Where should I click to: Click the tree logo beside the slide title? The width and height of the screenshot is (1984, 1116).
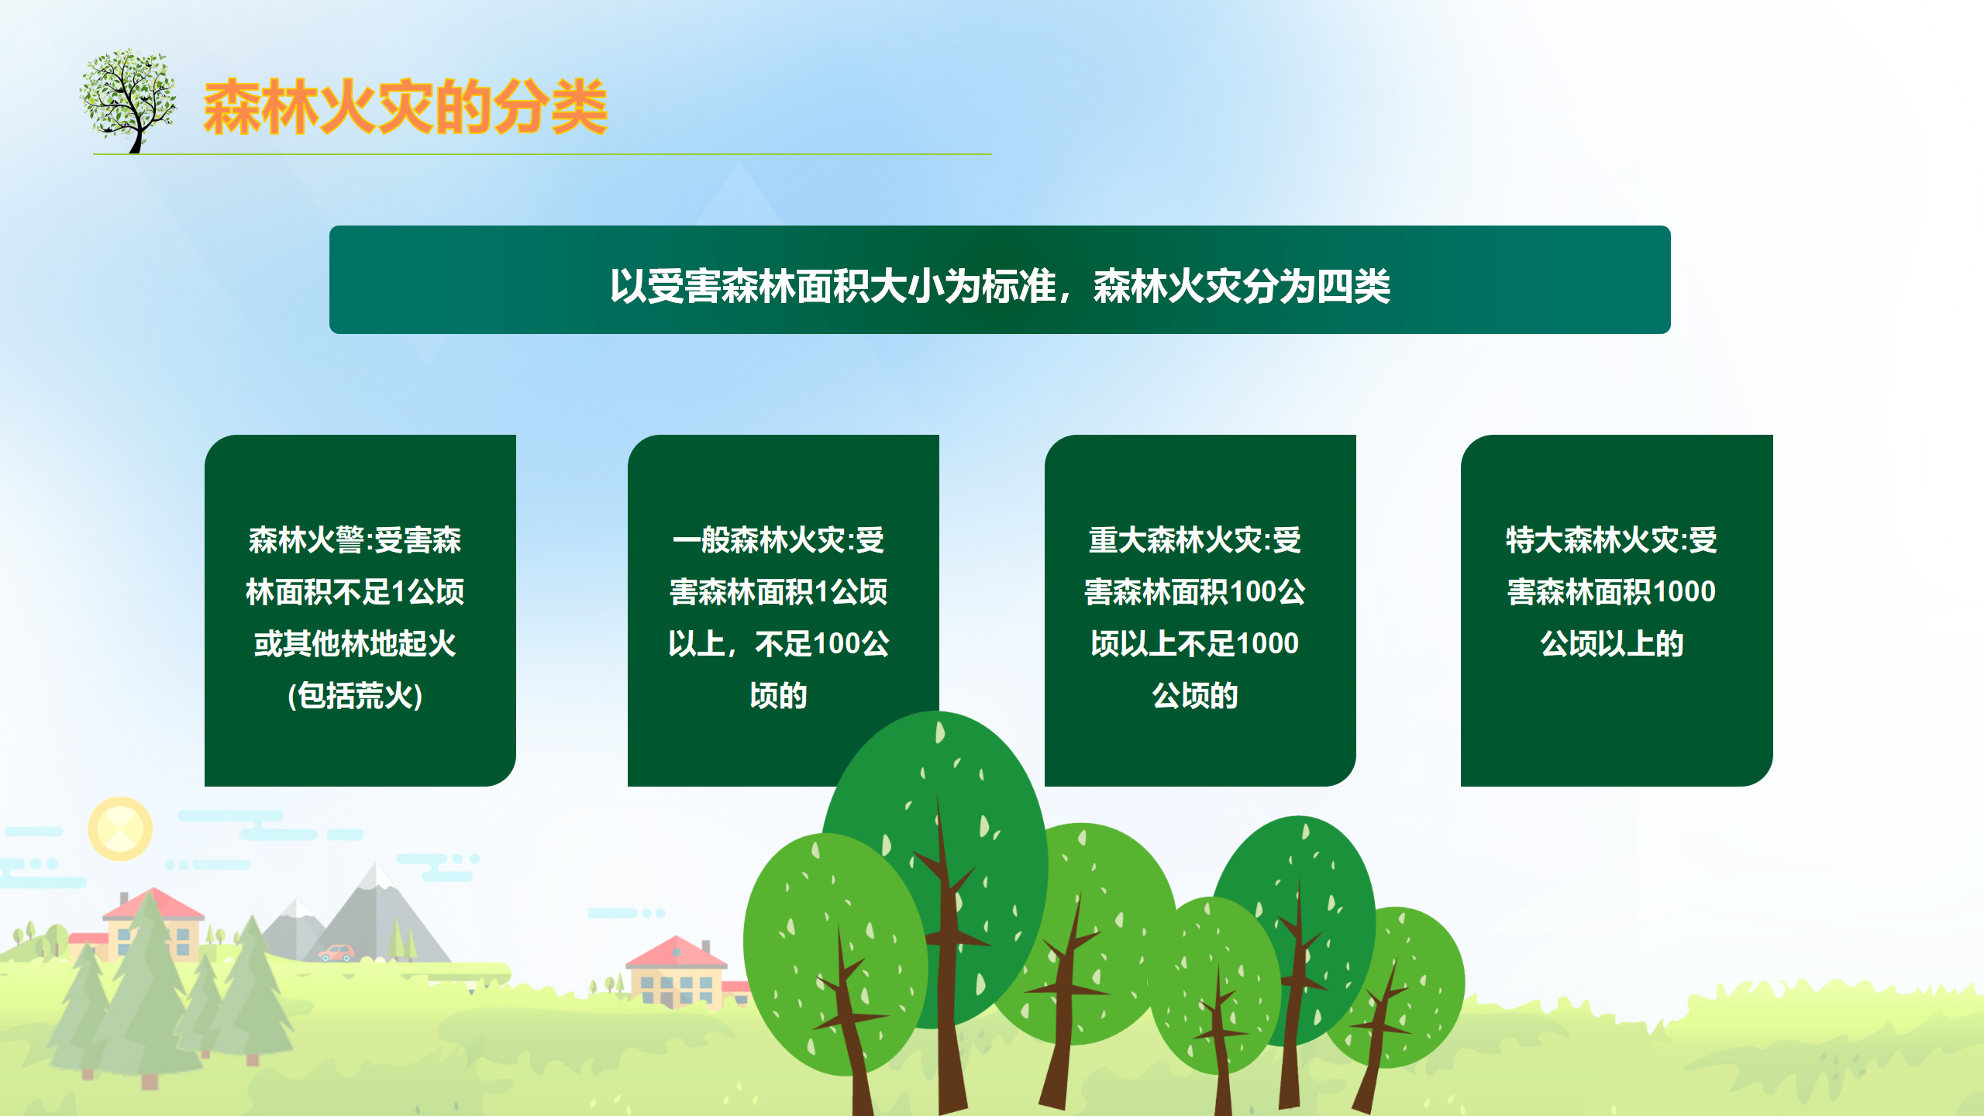click(128, 102)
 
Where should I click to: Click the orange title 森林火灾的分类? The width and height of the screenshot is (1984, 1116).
click(405, 107)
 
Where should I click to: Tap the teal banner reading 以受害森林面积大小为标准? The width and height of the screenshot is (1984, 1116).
click(1000, 280)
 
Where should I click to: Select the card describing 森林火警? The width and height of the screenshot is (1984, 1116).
click(360, 611)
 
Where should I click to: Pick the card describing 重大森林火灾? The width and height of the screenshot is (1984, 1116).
click(1200, 611)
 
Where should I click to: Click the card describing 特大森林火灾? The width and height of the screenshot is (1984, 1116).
click(1617, 611)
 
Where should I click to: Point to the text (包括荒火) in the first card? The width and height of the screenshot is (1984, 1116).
click(355, 696)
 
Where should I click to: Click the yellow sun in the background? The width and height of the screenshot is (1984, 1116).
click(120, 828)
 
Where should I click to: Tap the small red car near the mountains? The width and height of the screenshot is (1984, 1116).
click(336, 952)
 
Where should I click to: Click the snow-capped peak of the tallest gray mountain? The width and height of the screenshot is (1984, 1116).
click(377, 876)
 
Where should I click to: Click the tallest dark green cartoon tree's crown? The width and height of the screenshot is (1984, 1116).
click(936, 860)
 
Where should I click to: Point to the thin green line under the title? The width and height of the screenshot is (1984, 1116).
click(542, 154)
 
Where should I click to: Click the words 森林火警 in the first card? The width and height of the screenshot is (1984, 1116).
click(306, 540)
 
